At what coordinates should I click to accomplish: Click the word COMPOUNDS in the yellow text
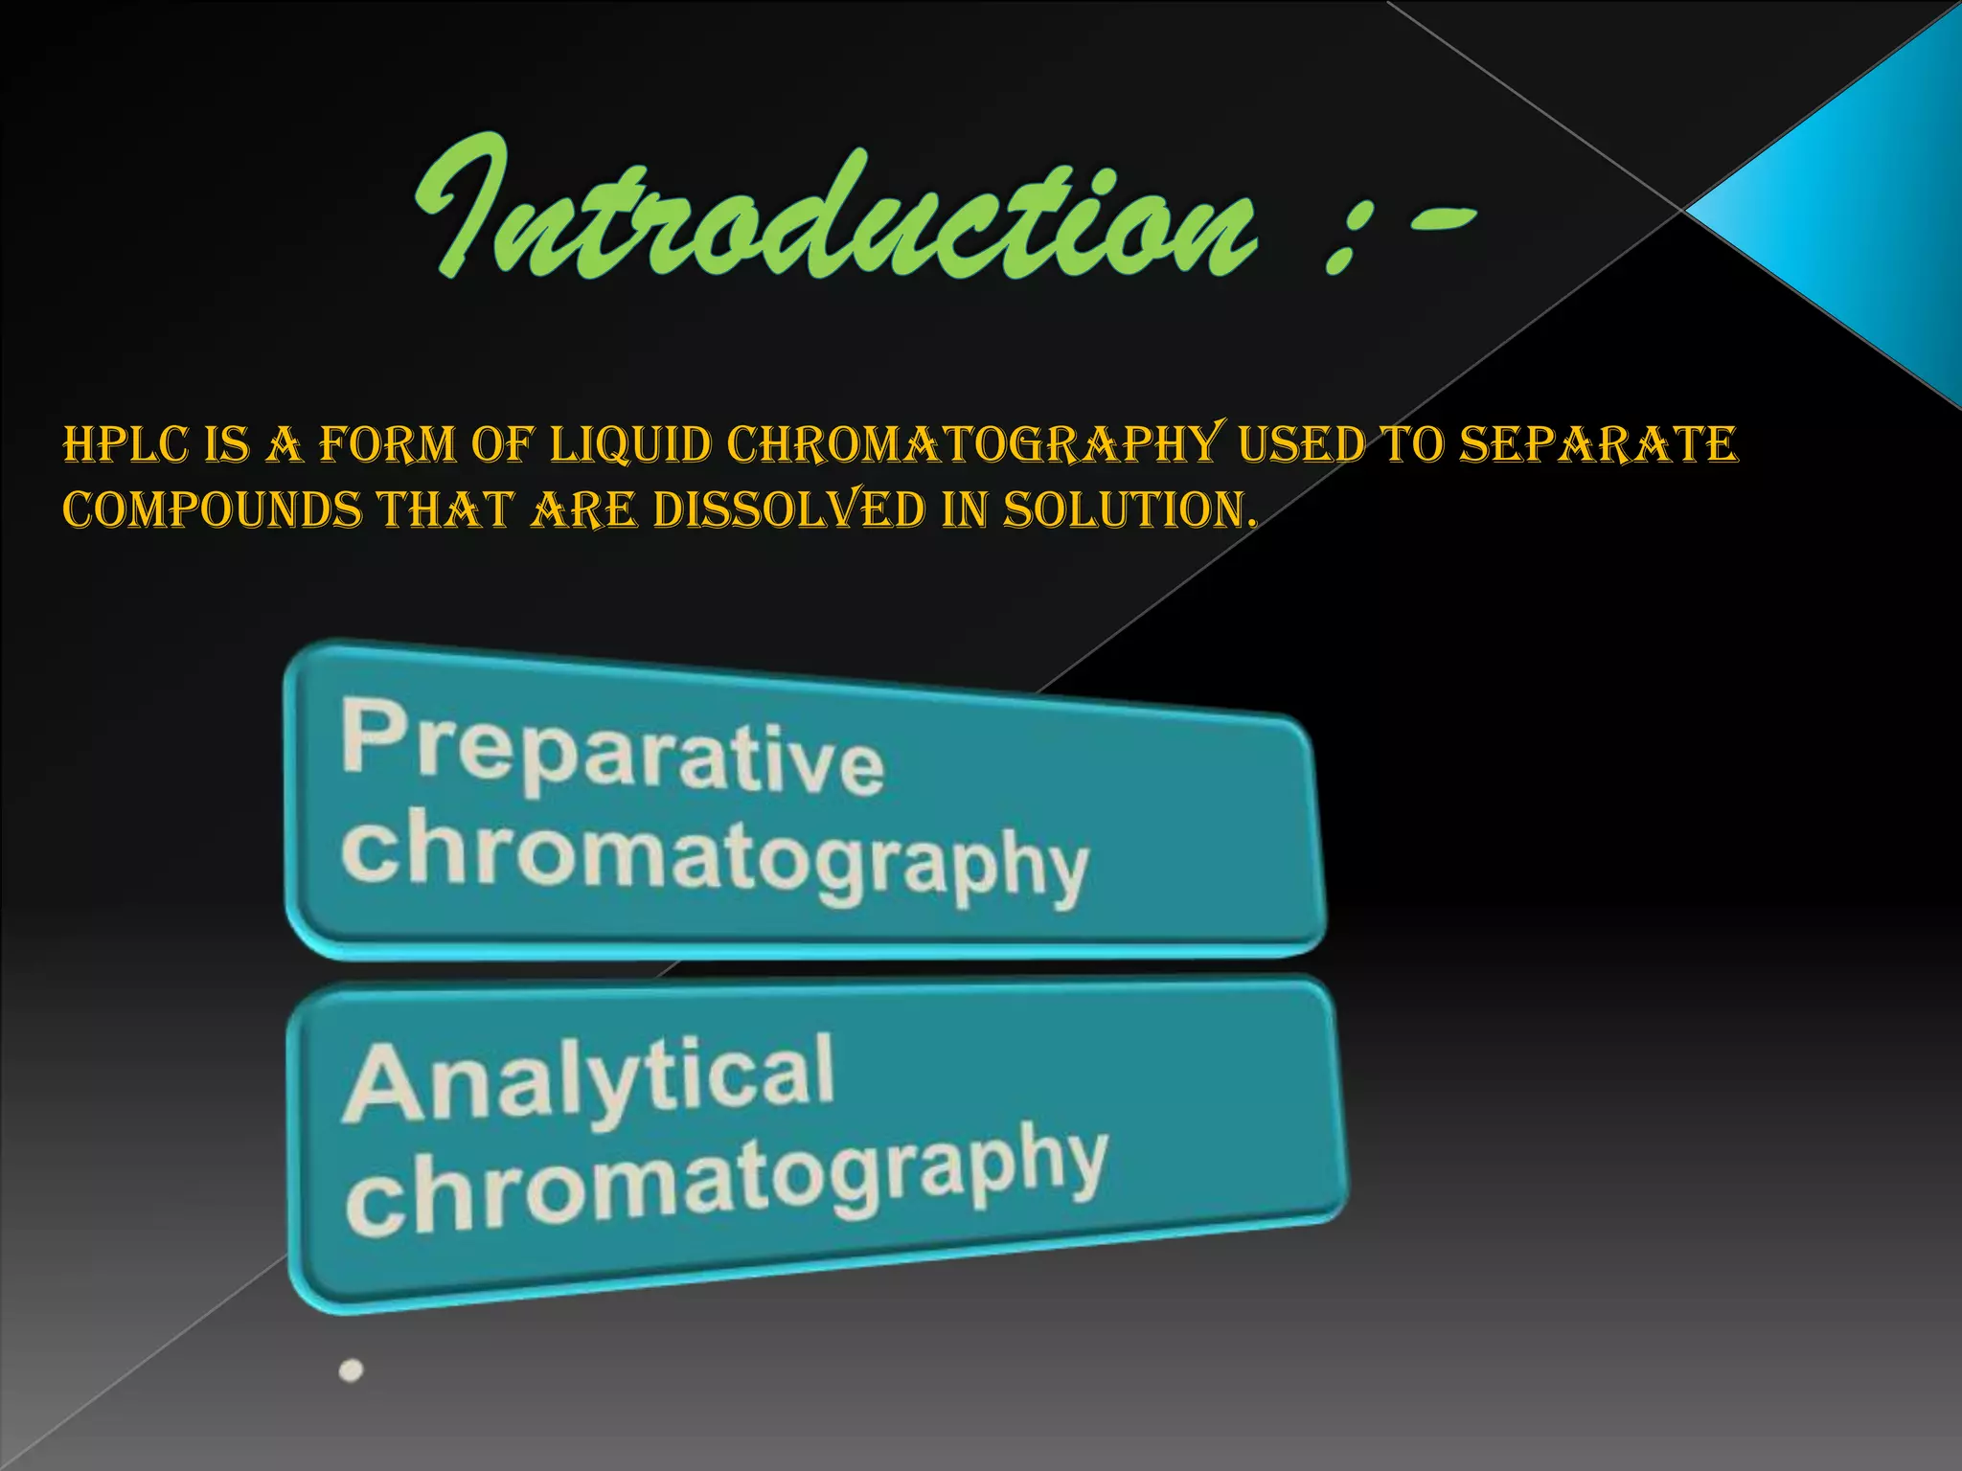click(x=212, y=509)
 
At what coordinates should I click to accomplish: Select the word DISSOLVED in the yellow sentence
click(x=788, y=509)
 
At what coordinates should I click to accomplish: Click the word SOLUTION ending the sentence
click(x=1127, y=509)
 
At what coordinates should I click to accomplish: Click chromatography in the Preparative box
click(x=714, y=857)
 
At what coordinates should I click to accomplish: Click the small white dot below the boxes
click(x=352, y=1370)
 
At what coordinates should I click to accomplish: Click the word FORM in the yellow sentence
click(x=387, y=445)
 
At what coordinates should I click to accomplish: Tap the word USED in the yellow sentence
click(x=1300, y=445)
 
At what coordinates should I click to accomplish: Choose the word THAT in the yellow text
click(x=445, y=509)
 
